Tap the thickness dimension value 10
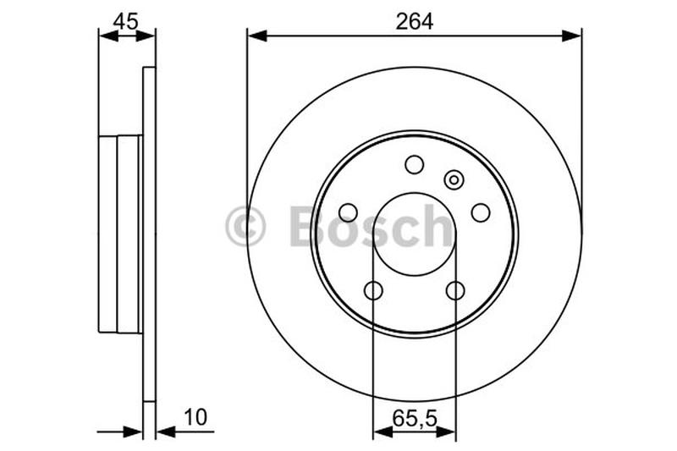[195, 417]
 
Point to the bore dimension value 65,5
[415, 417]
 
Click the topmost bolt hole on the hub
[415, 164]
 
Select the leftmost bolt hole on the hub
[348, 212]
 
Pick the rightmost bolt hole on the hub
[481, 212]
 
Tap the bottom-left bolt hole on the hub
[373, 291]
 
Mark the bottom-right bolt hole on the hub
[455, 291]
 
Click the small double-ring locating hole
[454, 179]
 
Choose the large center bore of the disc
[415, 234]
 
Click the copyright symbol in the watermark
[245, 227]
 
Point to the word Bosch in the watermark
[372, 227]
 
